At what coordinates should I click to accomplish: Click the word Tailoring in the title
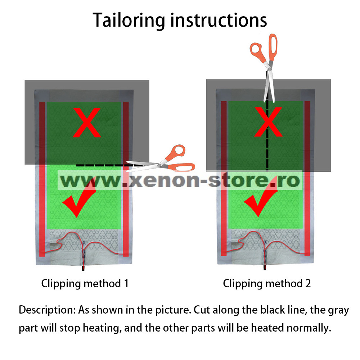click(129, 20)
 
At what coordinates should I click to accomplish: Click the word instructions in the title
click(219, 20)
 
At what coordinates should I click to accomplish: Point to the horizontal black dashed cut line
click(101, 165)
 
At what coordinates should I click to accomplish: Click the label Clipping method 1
click(85, 283)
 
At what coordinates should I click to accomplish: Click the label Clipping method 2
click(267, 283)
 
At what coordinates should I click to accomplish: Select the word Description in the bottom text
click(46, 310)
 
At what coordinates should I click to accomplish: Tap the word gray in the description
click(338, 310)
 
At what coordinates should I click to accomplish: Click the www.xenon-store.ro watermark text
click(180, 180)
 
